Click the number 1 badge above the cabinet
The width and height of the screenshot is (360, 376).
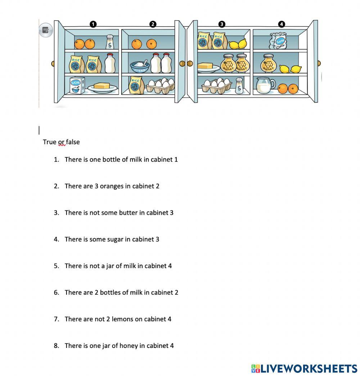click(x=93, y=24)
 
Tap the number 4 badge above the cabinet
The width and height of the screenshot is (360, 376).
click(x=281, y=24)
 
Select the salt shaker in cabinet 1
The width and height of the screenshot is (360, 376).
click(x=110, y=42)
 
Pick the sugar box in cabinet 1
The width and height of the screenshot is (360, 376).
click(x=77, y=85)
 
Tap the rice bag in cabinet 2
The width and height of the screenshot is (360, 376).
click(x=136, y=85)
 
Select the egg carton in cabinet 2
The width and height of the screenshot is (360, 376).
click(x=160, y=86)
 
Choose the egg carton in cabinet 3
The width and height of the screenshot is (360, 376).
click(x=217, y=86)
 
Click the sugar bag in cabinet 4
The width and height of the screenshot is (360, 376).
click(x=278, y=41)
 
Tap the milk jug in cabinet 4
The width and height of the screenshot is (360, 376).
click(x=266, y=86)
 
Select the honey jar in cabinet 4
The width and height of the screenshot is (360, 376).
click(x=269, y=63)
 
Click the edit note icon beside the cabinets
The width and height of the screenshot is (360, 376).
click(x=46, y=30)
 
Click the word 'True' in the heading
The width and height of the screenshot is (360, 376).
click(x=49, y=142)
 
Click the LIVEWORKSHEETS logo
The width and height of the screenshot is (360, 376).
click(x=304, y=368)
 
